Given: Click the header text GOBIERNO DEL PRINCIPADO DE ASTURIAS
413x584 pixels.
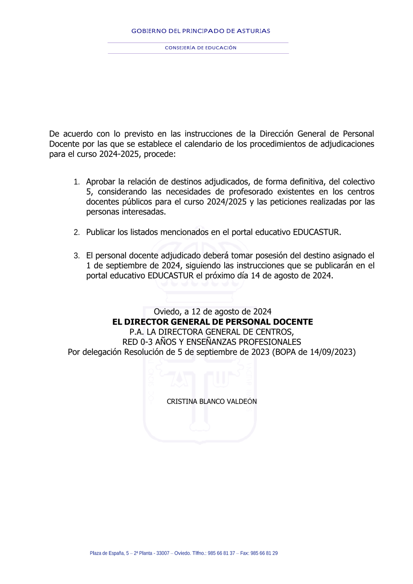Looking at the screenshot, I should point(201,31).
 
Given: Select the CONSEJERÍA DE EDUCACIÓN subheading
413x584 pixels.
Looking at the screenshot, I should point(201,48).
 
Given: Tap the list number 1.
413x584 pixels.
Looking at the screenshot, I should point(76,182).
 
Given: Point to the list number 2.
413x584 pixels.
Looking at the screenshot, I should point(76,233).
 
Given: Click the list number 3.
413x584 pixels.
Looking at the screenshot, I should point(76,256).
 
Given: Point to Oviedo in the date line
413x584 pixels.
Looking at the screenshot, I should point(166,311).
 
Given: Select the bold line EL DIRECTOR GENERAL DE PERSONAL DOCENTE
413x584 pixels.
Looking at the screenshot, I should point(212,322).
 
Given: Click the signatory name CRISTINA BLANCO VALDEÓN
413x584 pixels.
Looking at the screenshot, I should point(211,401).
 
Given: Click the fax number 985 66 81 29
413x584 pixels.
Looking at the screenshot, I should point(264,553).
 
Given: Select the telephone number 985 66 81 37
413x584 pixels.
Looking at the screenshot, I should point(221,553).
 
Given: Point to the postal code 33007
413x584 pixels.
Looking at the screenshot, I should point(163,553).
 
